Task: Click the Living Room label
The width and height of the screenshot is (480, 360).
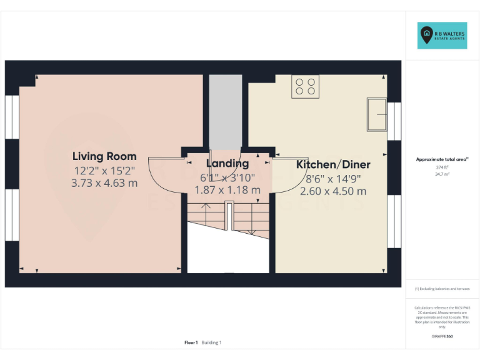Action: [x=104, y=156]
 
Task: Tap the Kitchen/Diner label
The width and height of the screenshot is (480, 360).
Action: [x=333, y=165]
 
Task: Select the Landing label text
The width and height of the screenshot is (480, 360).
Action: [x=227, y=163]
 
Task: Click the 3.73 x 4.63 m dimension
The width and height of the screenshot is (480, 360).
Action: [x=104, y=183]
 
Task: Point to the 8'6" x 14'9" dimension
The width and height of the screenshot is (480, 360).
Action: [x=333, y=178]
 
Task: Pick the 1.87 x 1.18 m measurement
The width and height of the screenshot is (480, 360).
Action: [x=227, y=189]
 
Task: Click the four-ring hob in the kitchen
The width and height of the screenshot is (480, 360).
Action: [x=305, y=86]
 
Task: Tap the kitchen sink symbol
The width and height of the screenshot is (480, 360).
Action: [x=376, y=114]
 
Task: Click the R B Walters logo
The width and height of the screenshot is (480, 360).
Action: [x=442, y=36]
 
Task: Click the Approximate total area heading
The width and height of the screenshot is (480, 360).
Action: [x=442, y=159]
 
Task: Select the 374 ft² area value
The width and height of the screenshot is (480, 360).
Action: [x=442, y=167]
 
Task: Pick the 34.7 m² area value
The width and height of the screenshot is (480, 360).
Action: [x=442, y=174]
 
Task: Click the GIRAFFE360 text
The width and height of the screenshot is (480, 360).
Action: [x=442, y=336]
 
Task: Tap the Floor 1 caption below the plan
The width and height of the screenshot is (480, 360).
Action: [x=191, y=342]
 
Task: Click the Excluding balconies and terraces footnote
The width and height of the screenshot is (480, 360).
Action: [x=442, y=289]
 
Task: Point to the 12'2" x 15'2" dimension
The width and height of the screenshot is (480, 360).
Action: [x=104, y=170]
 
